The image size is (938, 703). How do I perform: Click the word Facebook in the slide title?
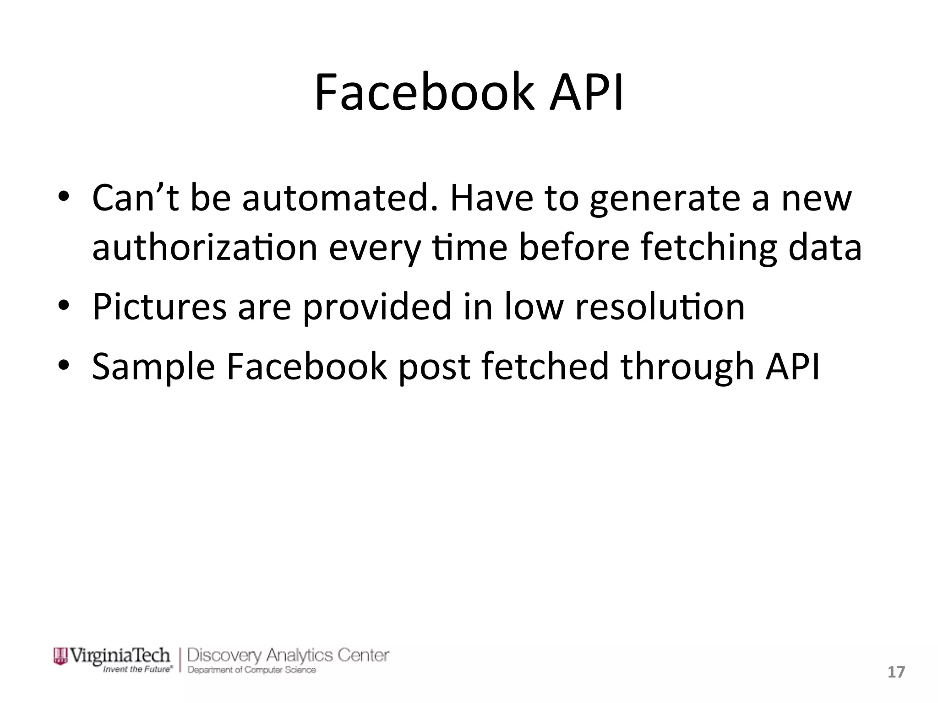(424, 93)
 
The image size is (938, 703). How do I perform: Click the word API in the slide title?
(587, 93)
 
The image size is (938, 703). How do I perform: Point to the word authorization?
(205, 248)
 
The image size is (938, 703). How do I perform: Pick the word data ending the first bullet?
(824, 248)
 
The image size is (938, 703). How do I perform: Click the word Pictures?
(159, 307)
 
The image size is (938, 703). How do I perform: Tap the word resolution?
(660, 307)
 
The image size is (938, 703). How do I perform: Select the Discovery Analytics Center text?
(288, 655)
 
